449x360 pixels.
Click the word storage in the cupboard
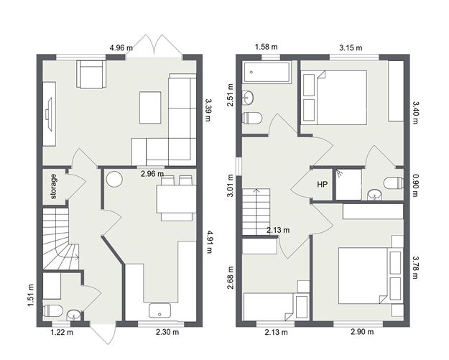[x=53, y=187]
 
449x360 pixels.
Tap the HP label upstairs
[x=323, y=185]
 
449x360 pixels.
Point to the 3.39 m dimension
[x=208, y=111]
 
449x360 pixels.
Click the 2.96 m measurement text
[x=152, y=173]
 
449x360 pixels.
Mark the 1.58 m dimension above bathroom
[x=265, y=48]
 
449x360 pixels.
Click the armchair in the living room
[x=92, y=74]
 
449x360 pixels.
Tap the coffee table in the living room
[x=151, y=107]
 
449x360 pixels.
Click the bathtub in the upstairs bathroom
[x=267, y=72]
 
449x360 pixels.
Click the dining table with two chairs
[x=175, y=195]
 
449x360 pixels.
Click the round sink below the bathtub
[x=249, y=97]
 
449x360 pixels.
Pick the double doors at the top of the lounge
[x=159, y=45]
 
